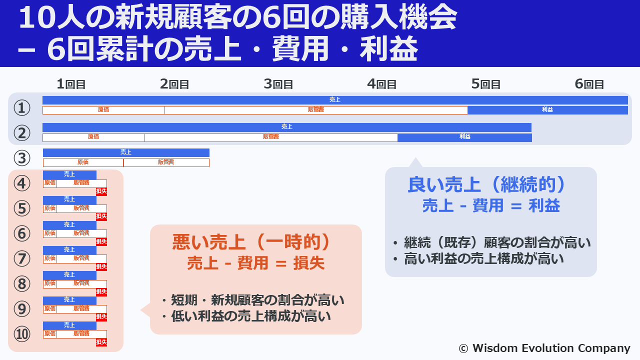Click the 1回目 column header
click(x=71, y=84)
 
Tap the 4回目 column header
click(x=381, y=84)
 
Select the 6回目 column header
click(x=589, y=84)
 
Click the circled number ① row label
click(x=22, y=107)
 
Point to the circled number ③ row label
click(x=22, y=158)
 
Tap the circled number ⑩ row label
click(x=22, y=334)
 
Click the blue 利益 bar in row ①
click(x=547, y=110)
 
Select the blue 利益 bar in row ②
click(x=465, y=137)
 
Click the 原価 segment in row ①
click(x=103, y=110)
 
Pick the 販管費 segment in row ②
click(x=271, y=137)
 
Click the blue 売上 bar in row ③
click(x=126, y=152)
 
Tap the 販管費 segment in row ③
click(x=166, y=162)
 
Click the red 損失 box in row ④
click(x=101, y=191)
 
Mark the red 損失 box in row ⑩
click(x=101, y=342)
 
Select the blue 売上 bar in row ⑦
click(x=69, y=250)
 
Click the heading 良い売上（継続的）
click(x=486, y=185)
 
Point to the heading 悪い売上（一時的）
click(x=251, y=242)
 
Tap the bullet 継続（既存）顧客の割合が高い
click(x=492, y=242)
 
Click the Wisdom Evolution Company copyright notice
click(x=544, y=348)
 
